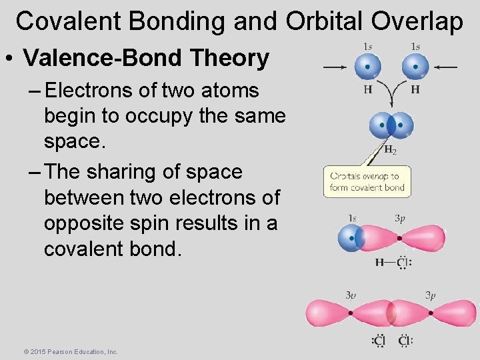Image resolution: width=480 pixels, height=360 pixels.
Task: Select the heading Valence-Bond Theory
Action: click(146, 58)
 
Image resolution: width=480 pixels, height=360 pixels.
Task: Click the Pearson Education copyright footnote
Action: click(71, 351)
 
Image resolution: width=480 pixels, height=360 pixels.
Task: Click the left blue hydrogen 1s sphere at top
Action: click(367, 67)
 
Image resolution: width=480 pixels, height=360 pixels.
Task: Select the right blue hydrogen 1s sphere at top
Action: click(415, 67)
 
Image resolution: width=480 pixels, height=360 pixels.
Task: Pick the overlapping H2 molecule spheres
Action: click(391, 125)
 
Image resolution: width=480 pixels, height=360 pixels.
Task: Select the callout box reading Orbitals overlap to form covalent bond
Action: click(367, 181)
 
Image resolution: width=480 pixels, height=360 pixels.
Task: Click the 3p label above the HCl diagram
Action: click(399, 218)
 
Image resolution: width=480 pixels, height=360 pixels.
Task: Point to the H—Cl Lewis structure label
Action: click(393, 263)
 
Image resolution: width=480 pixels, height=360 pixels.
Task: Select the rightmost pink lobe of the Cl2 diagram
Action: click(456, 313)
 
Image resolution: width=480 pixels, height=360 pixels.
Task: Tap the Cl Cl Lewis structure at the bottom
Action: click(392, 341)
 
